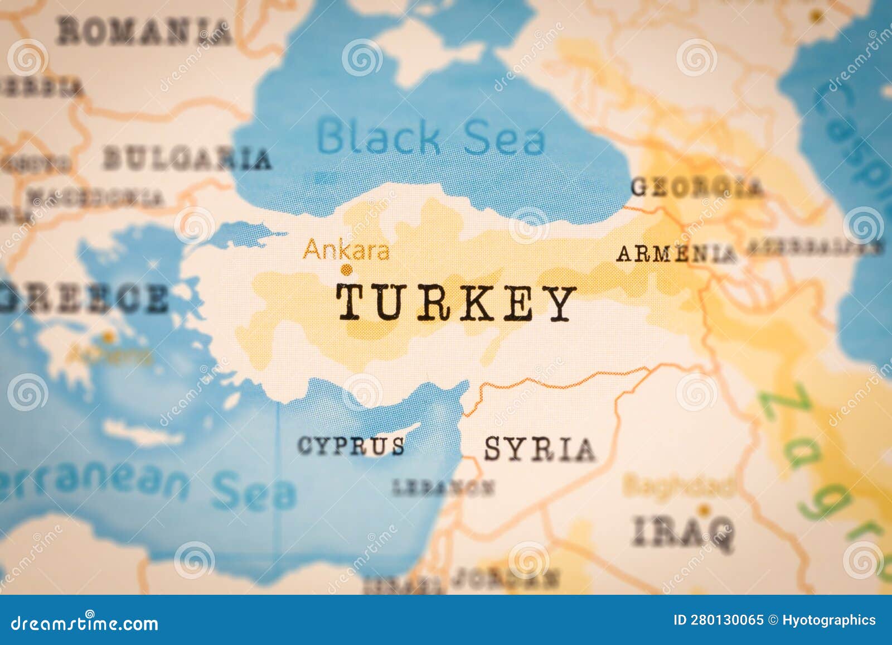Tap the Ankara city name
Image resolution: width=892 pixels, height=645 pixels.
346,250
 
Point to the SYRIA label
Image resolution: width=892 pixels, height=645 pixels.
539,449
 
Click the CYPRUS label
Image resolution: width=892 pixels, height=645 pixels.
351,446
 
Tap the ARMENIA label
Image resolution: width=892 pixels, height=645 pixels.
676,254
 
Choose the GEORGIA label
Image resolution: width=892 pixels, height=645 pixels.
696,187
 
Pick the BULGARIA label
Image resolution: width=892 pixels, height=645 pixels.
187,158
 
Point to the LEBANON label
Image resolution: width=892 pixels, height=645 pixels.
443,488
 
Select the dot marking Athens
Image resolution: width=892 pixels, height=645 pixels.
108,337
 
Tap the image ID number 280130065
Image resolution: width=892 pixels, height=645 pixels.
726,620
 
